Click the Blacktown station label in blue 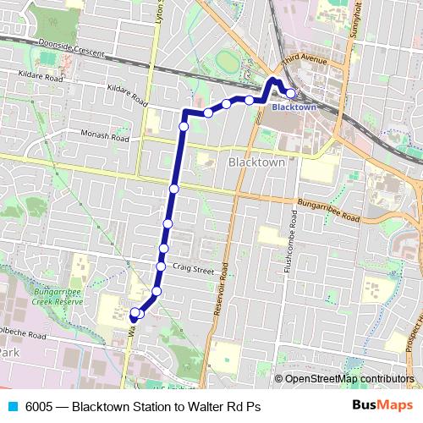[x=294, y=107]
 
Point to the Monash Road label [x=106, y=136]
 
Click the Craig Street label [x=193, y=268]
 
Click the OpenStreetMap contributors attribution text [x=349, y=379]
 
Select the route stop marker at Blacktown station [x=290, y=93]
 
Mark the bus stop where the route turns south [x=184, y=126]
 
